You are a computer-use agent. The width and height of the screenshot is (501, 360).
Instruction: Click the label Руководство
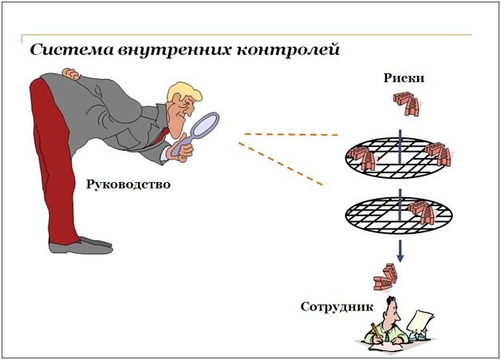[128, 185]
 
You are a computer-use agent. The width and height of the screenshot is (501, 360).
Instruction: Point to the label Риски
[403, 79]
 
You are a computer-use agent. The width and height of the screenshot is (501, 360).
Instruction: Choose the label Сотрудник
[334, 307]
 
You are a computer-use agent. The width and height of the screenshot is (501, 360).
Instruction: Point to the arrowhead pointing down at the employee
[401, 257]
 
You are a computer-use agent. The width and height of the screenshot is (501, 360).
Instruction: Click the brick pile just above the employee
[387, 277]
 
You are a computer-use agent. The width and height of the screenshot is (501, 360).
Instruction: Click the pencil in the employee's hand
[374, 330]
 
